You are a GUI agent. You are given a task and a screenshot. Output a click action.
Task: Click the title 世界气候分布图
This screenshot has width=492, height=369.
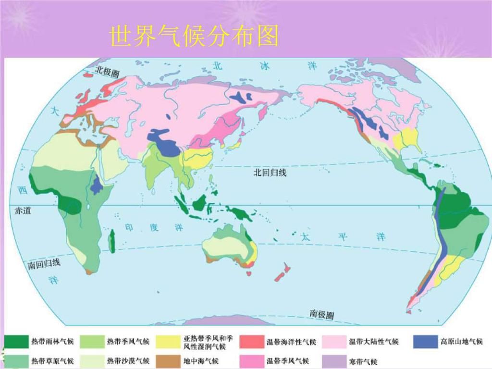click(194, 36)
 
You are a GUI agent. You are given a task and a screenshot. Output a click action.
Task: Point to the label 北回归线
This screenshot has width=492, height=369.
click(270, 173)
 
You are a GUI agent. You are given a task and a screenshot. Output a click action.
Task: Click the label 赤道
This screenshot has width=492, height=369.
click(23, 210)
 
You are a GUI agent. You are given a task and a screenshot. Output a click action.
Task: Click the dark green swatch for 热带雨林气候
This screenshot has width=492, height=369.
click(16, 342)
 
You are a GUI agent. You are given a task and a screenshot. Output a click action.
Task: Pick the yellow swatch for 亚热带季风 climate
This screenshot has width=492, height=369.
click(166, 342)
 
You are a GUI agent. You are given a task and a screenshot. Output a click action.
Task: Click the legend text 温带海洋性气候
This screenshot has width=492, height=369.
click(291, 342)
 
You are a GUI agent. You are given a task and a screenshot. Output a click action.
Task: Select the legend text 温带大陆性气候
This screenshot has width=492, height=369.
click(374, 342)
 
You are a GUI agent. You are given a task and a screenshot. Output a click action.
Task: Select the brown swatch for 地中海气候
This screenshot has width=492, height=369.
click(166, 361)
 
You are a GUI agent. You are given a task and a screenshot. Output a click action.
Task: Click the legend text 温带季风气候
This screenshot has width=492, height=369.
click(288, 361)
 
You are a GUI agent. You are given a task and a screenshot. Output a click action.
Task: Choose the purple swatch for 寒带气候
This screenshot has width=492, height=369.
click(334, 361)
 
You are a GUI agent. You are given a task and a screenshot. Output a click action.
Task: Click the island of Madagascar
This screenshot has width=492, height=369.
click(112, 241)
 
